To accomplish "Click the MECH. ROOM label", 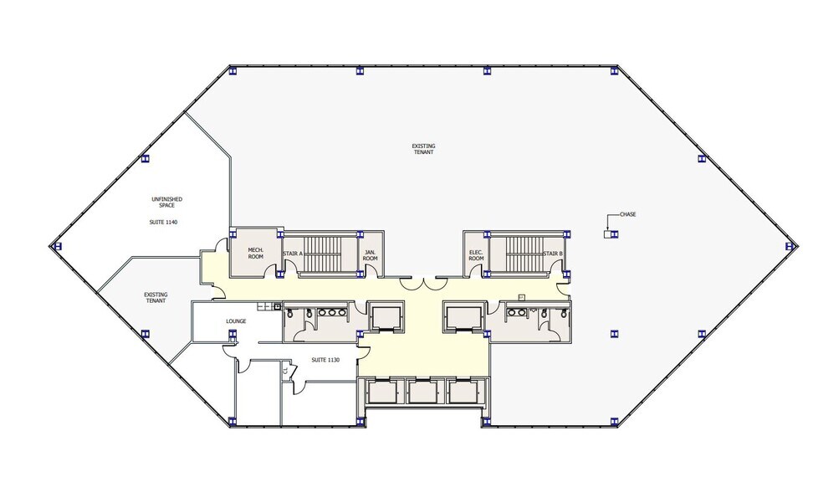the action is click(x=256, y=253).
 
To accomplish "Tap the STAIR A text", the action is click(x=293, y=254).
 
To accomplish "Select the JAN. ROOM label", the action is click(x=370, y=255).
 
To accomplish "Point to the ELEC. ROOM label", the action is click(x=476, y=255).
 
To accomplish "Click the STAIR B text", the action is click(x=553, y=254).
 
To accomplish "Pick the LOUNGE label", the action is click(x=236, y=321).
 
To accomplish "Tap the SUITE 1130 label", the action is click(x=325, y=360).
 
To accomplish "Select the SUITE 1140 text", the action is click(x=164, y=223).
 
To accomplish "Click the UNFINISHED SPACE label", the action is click(x=167, y=203).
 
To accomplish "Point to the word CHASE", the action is click(x=628, y=214).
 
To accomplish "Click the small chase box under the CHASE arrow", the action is click(x=607, y=234).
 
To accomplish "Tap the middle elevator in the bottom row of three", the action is click(x=422, y=392).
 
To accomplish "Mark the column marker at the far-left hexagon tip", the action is click(x=58, y=246).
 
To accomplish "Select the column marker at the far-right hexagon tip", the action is click(x=790, y=246).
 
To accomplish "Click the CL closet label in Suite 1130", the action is click(x=285, y=370).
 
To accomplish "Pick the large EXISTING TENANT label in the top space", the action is click(x=423, y=149).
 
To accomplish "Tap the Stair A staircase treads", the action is click(x=326, y=254).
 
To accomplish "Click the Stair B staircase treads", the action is click(x=525, y=254).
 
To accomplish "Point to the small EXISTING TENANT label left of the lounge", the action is click(x=156, y=298).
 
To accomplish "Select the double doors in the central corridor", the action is click(x=422, y=284).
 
